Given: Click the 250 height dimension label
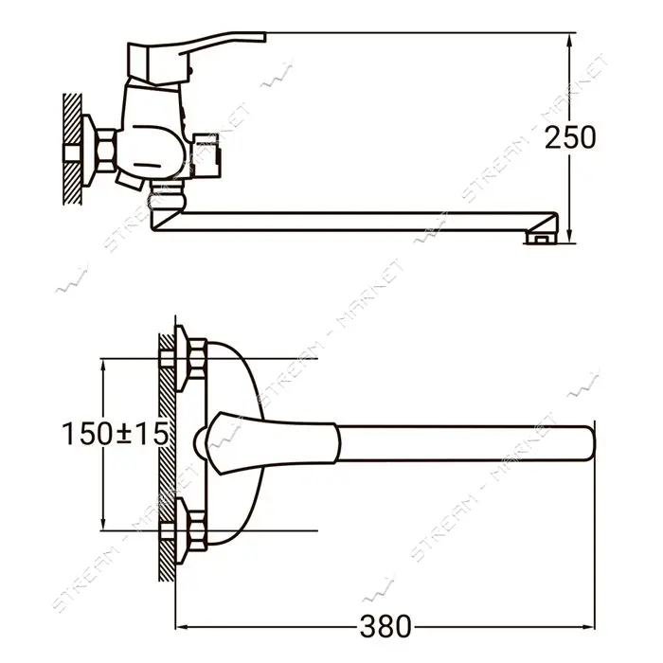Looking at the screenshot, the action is [x=570, y=138].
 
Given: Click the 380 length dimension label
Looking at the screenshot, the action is [x=385, y=626].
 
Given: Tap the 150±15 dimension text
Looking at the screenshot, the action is [x=115, y=434].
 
